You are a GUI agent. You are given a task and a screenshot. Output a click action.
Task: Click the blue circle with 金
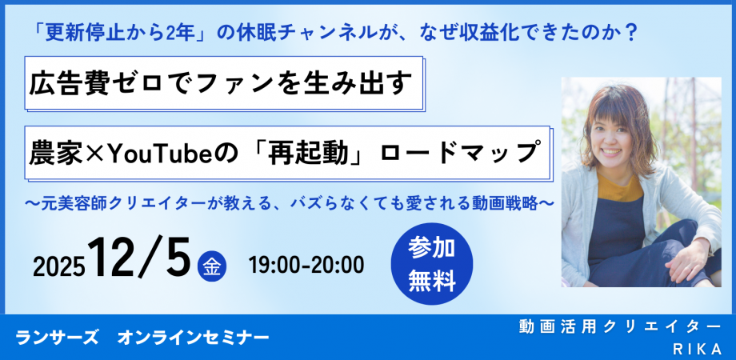(x=212, y=266)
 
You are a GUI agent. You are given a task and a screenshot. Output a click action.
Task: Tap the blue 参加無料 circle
(x=432, y=263)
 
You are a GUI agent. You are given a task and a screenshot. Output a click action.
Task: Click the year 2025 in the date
(x=59, y=267)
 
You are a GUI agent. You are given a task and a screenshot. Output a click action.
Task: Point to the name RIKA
(x=697, y=349)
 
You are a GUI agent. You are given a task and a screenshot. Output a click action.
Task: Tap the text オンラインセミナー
(x=194, y=338)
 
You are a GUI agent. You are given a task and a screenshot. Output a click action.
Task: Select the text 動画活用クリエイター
(x=619, y=326)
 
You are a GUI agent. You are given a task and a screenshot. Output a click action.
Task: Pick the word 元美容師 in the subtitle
(x=70, y=205)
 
